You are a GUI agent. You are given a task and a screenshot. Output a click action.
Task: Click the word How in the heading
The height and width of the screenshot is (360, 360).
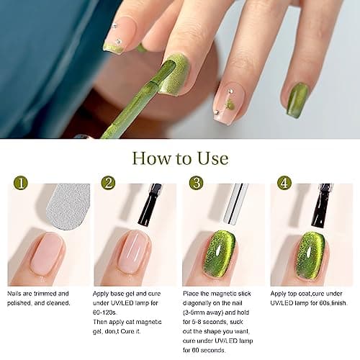148,158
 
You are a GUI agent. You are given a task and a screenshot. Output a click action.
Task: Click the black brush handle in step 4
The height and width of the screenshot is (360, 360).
322,204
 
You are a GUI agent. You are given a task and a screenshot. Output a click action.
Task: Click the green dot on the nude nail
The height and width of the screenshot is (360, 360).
229,105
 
